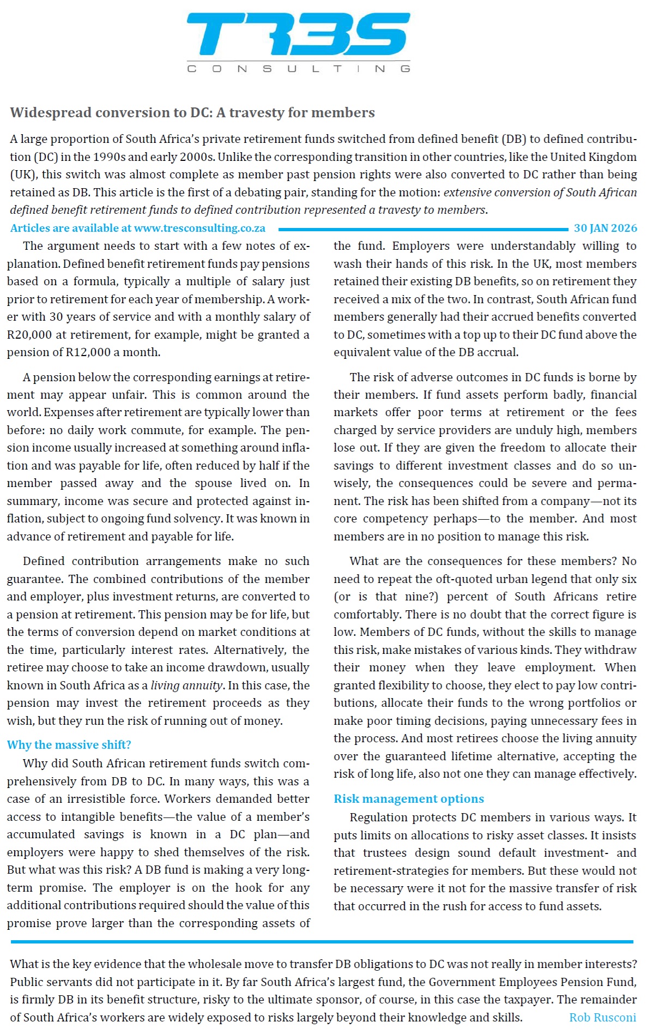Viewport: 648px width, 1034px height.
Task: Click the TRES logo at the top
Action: [x=298, y=34]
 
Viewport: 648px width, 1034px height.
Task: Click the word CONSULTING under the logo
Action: [x=298, y=69]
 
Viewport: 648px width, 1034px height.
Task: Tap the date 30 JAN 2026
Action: [x=605, y=228]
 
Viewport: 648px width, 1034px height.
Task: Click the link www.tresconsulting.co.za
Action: [x=199, y=228]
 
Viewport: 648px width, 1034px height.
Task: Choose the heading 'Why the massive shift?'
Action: [x=69, y=745]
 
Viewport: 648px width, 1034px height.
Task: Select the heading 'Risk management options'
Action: [x=409, y=799]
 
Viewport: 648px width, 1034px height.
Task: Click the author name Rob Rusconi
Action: [x=602, y=1018]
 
